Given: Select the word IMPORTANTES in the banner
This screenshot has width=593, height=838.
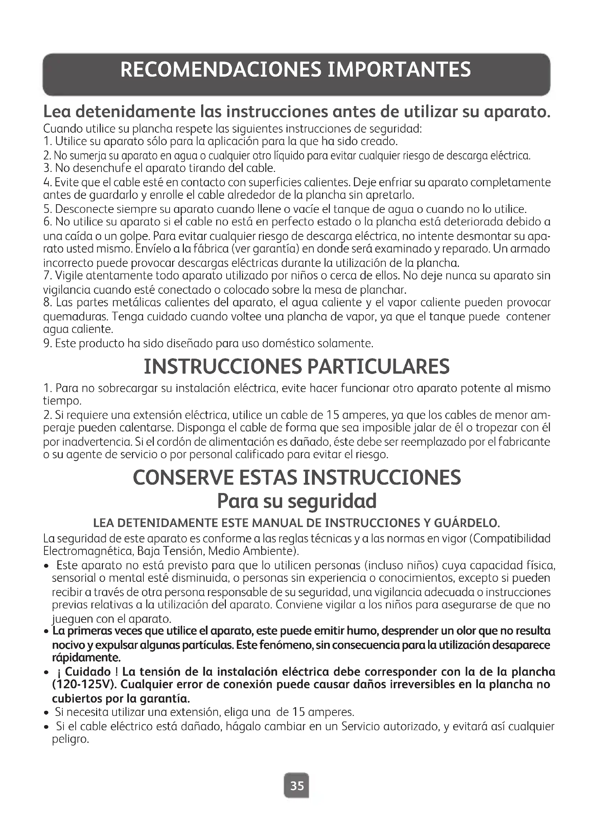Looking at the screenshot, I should (399, 70).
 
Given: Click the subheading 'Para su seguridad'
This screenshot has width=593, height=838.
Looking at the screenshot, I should (296, 501).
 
